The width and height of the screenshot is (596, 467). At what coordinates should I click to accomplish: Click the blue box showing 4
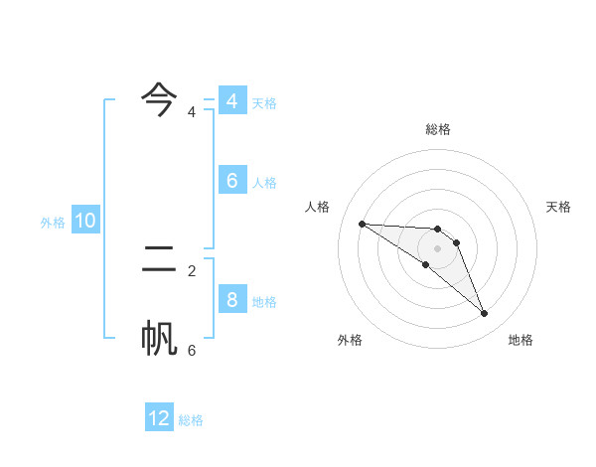coord(231,101)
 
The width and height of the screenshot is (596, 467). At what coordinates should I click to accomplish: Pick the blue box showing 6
coord(231,181)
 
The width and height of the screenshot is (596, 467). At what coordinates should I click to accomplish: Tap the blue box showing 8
coord(231,300)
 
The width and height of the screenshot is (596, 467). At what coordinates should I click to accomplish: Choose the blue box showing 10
coord(85,221)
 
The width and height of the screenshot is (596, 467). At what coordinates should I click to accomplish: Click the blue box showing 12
coord(159,418)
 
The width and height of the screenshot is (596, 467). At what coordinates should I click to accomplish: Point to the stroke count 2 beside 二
coord(192,270)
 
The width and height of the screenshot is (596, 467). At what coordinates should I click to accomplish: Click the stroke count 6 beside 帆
coord(192,350)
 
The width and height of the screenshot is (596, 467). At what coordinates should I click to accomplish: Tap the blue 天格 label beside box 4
coord(264,103)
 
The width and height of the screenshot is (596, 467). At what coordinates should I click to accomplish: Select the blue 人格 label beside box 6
coord(264,183)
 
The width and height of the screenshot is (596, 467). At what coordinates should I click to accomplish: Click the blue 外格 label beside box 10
coord(53,223)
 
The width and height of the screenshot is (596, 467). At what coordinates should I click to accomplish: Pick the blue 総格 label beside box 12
coord(191,420)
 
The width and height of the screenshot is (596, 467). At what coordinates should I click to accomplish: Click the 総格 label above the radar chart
coord(438,129)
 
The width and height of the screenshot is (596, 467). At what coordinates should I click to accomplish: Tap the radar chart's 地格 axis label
coord(521,340)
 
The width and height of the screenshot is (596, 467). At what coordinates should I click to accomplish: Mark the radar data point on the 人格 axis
coord(362,224)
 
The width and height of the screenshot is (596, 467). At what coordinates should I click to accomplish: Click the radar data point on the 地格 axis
coord(484,314)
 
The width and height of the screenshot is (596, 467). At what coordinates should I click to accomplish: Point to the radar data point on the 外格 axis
coord(425,264)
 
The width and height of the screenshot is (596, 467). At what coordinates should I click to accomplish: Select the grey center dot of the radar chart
coord(438,248)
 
